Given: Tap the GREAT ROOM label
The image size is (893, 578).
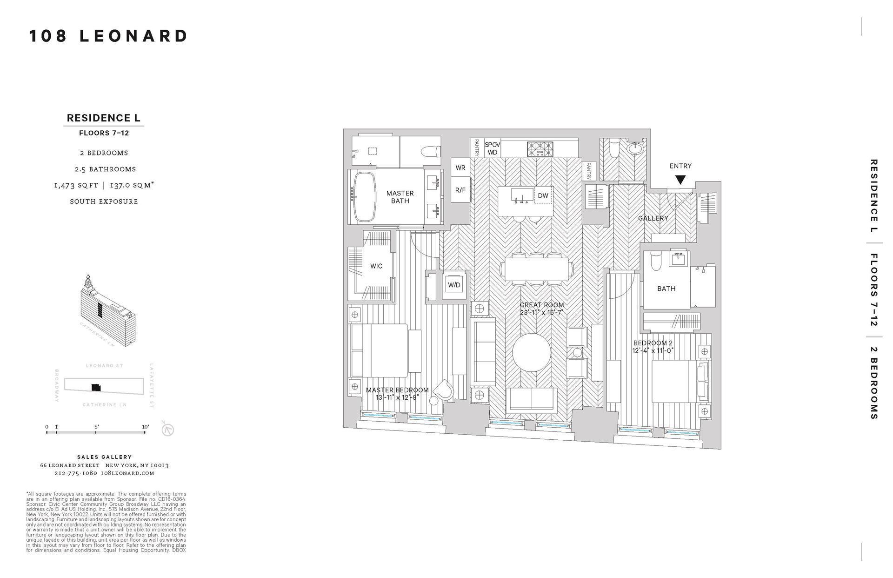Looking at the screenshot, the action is (x=541, y=305).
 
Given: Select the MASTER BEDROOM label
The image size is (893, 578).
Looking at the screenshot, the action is (x=397, y=390).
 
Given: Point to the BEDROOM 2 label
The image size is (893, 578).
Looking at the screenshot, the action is (x=653, y=343).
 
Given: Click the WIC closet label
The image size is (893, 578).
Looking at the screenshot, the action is (x=376, y=266).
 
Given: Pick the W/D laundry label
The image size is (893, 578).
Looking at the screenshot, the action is (x=454, y=285).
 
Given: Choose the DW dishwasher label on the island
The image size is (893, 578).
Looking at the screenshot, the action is (x=543, y=196).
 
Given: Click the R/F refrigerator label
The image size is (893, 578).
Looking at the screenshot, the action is (x=460, y=190).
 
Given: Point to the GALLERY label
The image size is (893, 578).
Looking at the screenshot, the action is (x=653, y=218).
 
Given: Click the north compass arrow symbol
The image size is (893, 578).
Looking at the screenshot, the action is (x=167, y=430).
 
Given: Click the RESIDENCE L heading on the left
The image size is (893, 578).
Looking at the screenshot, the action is (x=103, y=118).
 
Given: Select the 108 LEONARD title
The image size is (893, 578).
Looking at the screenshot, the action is (x=108, y=36).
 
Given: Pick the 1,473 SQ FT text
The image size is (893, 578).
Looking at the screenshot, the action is (x=76, y=185).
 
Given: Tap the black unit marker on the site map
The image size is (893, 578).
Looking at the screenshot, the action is (x=96, y=387).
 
